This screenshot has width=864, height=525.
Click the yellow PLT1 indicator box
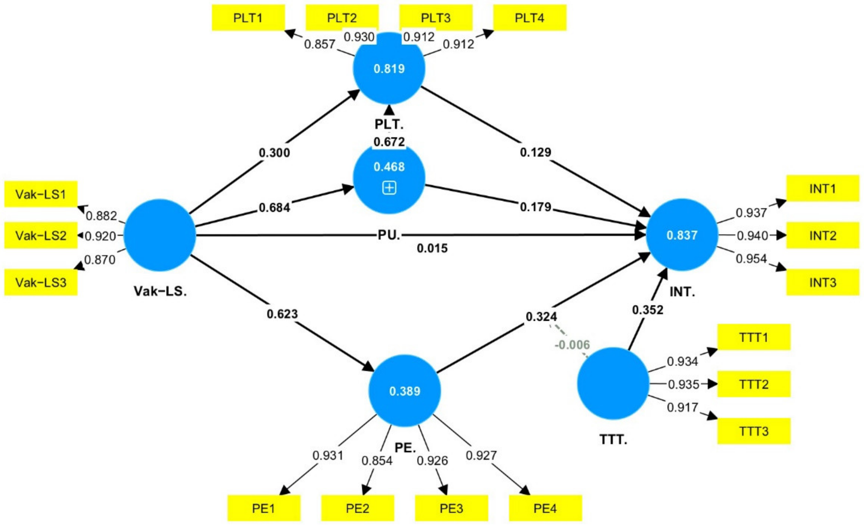pyautogui.click(x=248, y=18)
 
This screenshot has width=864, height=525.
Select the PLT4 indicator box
pyautogui.click(x=530, y=18)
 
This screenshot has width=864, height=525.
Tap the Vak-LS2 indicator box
pyautogui.click(x=41, y=235)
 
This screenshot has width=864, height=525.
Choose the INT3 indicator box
pyautogui.click(x=823, y=282)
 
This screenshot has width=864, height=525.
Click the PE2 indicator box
pyautogui.click(x=357, y=508)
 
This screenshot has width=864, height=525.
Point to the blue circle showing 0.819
pyautogui.click(x=389, y=68)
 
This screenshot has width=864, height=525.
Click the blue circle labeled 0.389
pyautogui.click(x=405, y=391)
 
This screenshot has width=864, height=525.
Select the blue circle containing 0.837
pyautogui.click(x=682, y=235)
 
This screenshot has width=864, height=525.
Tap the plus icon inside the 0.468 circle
pyautogui.click(x=389, y=188)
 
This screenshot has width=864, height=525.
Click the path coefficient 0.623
pyautogui.click(x=282, y=314)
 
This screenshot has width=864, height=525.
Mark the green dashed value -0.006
pyautogui.click(x=572, y=345)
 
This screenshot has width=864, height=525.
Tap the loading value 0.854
pyautogui.click(x=377, y=460)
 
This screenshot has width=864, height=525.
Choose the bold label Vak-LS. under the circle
pyautogui.click(x=160, y=291)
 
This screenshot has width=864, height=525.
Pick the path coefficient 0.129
pyautogui.click(x=535, y=152)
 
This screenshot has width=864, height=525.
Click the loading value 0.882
pyautogui.click(x=101, y=216)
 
